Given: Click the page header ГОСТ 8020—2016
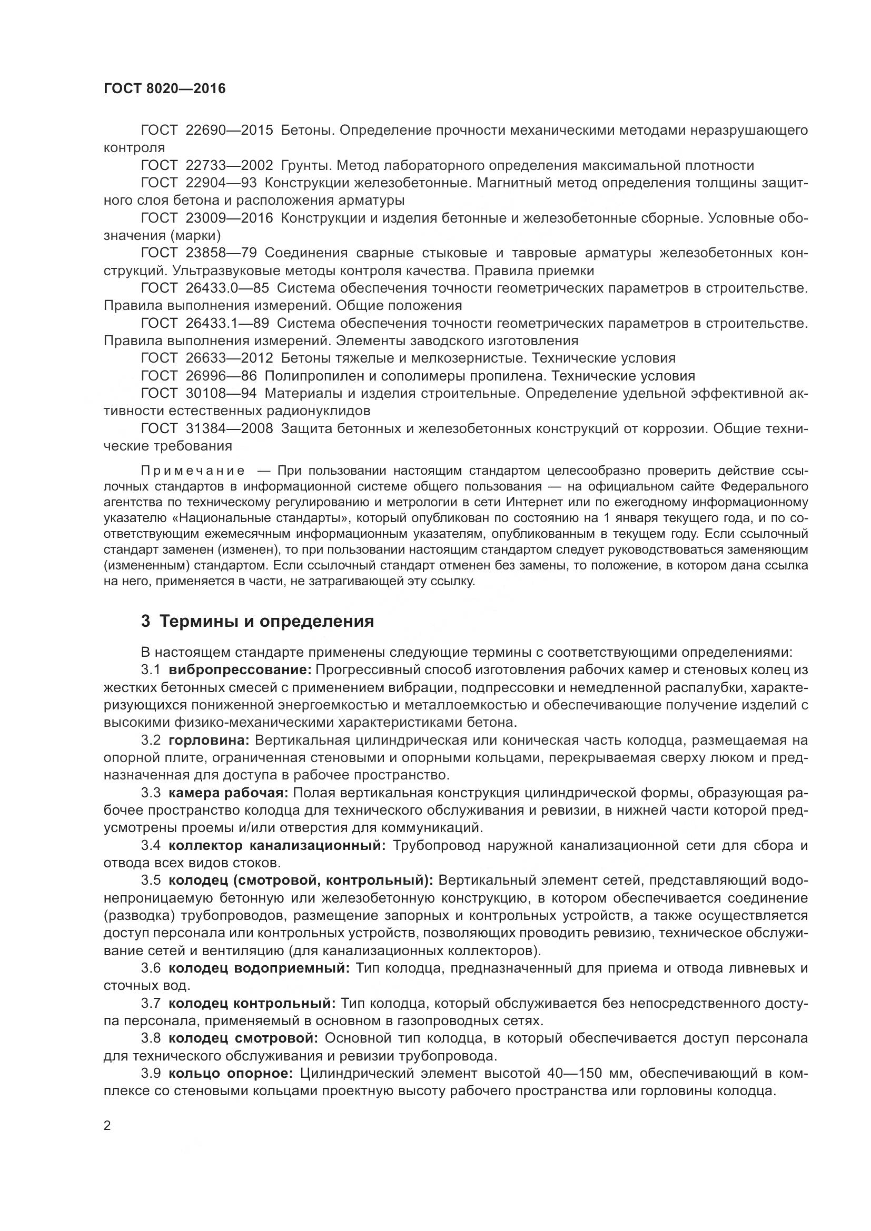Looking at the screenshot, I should point(165,88).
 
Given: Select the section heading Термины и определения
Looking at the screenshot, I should point(266,621).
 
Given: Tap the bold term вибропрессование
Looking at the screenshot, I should point(240,669).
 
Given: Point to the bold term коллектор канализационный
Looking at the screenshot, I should point(278,846).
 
